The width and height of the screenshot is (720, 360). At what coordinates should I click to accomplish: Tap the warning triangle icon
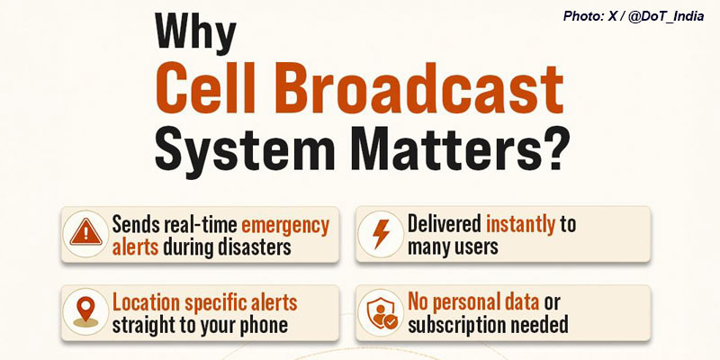click(x=85, y=234)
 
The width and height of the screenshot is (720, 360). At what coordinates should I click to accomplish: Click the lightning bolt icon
click(x=381, y=234)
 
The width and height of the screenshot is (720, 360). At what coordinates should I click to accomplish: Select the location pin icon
click(x=85, y=311)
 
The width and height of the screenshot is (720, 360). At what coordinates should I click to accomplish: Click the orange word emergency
click(x=285, y=227)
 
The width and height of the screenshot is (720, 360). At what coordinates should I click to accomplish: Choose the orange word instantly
click(x=521, y=226)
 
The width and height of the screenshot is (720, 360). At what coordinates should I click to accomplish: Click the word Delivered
click(x=444, y=224)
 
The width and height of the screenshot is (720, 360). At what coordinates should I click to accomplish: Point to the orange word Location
click(x=146, y=303)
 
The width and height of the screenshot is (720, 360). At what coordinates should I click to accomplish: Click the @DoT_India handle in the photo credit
click(x=666, y=16)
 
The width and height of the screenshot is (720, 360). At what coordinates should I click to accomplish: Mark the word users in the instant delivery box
click(x=475, y=247)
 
